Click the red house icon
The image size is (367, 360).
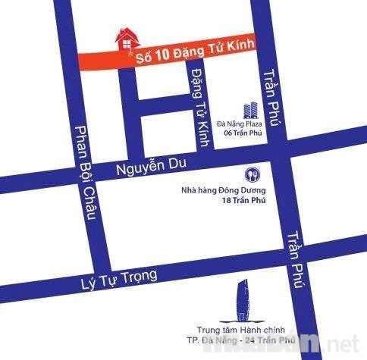[127, 39]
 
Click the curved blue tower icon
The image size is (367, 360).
[243, 295]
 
